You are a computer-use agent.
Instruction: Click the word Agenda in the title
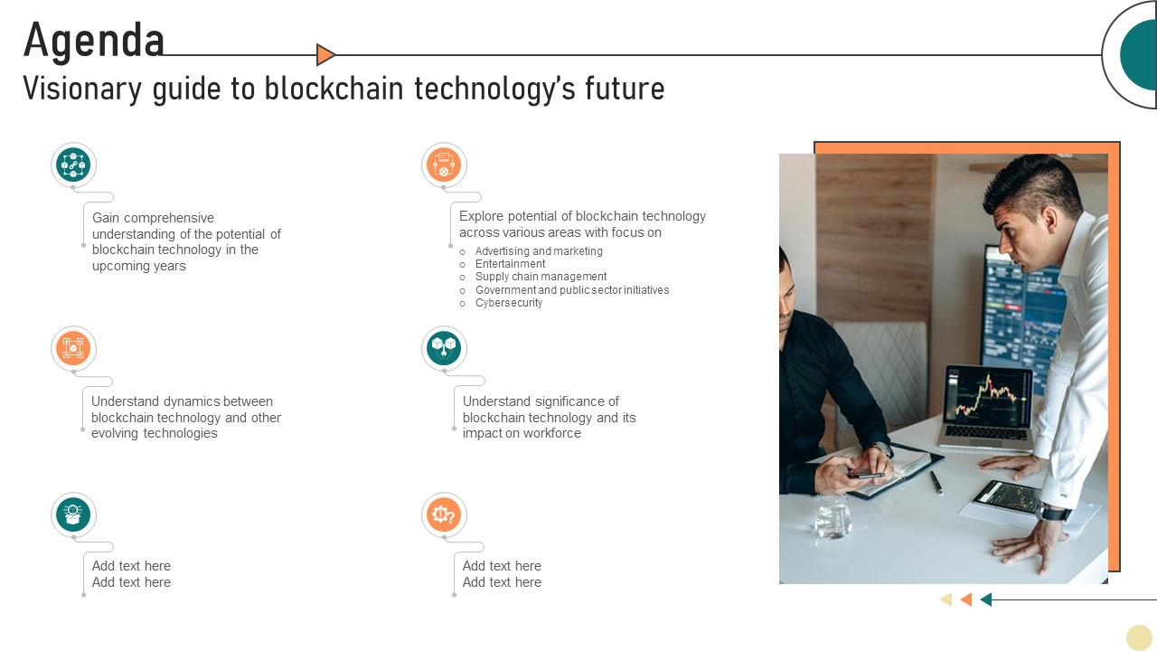(x=94, y=41)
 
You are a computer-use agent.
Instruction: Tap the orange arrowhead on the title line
(x=325, y=55)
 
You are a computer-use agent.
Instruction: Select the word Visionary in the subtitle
(x=80, y=89)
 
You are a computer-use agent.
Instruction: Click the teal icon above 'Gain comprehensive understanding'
(x=73, y=165)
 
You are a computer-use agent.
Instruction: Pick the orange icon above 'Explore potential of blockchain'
(x=444, y=165)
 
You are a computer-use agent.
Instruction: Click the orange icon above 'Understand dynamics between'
(x=73, y=348)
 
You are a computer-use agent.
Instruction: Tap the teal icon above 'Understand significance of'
(x=444, y=348)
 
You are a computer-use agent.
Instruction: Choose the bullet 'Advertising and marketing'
(x=539, y=251)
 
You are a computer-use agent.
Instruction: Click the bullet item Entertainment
(x=510, y=264)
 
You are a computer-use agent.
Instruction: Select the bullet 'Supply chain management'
(x=541, y=277)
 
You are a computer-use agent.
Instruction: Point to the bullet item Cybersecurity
(x=509, y=303)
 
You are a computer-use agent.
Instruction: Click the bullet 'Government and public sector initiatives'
(x=572, y=290)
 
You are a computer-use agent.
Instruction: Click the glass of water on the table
(x=832, y=518)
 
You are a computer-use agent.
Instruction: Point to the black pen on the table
(x=936, y=483)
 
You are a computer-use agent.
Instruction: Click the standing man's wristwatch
(x=1054, y=513)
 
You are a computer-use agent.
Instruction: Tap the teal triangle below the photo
(x=986, y=599)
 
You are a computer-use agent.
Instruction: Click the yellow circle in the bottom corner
(x=1139, y=637)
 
